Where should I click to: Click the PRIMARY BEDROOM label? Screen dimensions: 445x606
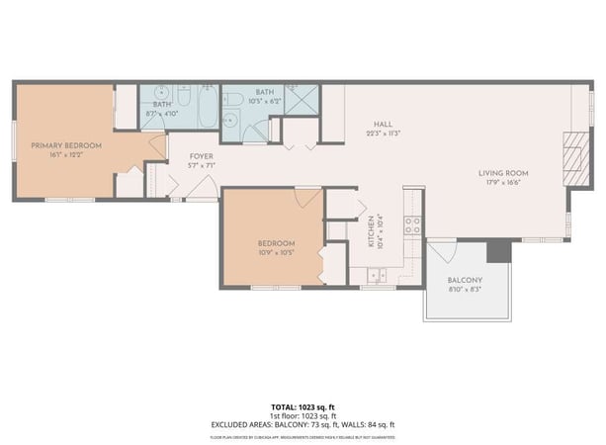point(66,145)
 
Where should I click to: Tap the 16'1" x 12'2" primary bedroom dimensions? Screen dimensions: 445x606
point(66,154)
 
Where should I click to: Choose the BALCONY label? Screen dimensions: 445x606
point(465,280)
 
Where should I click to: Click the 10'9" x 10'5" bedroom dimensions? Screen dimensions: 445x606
point(276,251)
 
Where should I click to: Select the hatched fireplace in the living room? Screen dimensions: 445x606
point(572,154)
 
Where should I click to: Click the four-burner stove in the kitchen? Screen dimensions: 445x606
point(412,225)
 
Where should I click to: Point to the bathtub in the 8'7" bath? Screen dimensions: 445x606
point(206,108)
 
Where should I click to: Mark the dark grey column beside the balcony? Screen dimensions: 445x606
point(499,251)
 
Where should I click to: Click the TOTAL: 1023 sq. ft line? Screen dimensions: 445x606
point(303,406)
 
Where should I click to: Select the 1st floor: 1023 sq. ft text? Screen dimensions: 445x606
point(303,415)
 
